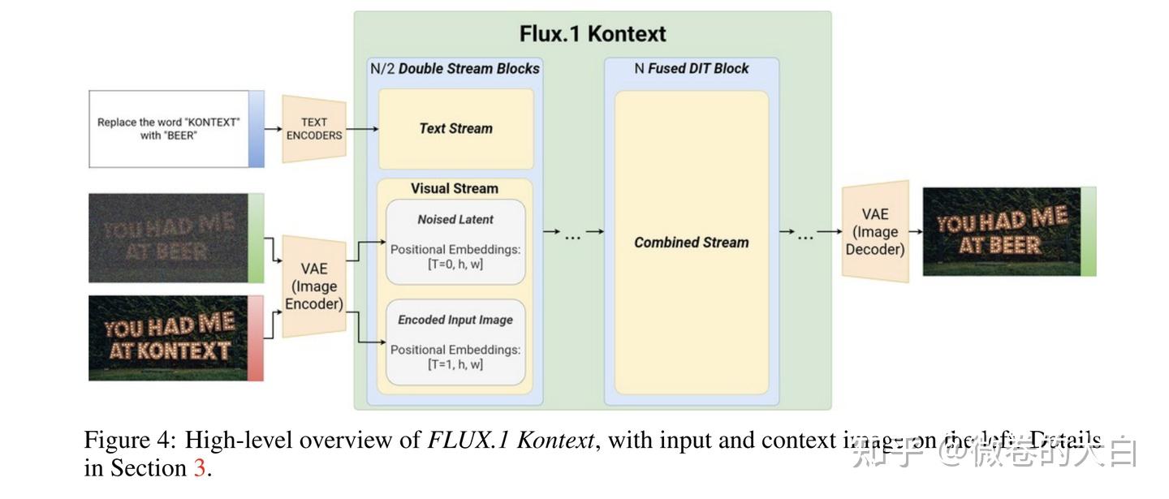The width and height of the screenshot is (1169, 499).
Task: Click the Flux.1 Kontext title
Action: click(593, 34)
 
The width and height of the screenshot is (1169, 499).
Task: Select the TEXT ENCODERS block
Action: click(314, 129)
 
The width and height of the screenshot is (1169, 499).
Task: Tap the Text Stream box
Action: click(455, 128)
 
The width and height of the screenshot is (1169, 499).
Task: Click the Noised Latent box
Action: click(455, 242)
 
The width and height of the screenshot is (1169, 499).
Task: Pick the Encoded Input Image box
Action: click(455, 342)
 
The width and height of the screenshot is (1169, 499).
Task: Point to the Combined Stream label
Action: click(691, 243)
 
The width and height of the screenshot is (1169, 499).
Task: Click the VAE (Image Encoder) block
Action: click(314, 286)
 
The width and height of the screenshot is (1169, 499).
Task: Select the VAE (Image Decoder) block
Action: click(875, 231)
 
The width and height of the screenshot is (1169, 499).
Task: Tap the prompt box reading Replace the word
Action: click(169, 129)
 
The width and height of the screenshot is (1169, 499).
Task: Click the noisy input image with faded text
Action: click(169, 238)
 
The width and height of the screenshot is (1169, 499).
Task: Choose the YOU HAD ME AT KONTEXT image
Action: click(169, 338)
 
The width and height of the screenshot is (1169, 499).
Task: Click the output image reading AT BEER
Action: click(1002, 231)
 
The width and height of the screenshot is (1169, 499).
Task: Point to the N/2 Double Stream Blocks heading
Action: click(455, 69)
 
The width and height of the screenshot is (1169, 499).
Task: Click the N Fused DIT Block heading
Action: click(692, 69)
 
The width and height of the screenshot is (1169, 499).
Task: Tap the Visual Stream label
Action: click(454, 188)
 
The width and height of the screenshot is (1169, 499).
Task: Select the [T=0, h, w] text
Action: click(455, 265)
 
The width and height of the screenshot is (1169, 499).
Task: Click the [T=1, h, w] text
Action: click(455, 364)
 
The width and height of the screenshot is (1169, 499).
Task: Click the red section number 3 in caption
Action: click(200, 469)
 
